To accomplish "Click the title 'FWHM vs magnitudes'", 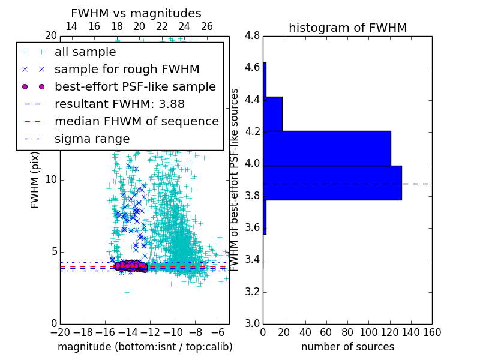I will point(136,13).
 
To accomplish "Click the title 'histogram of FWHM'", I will point(347,28).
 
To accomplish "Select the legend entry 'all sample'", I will point(85,52).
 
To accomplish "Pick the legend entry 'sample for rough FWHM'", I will point(127,70).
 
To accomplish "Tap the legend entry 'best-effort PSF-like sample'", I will point(135,86).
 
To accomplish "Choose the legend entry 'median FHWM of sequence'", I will point(136,121).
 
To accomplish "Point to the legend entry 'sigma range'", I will point(92,139).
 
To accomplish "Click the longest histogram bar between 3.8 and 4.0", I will point(332,183).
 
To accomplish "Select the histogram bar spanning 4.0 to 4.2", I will point(327,148).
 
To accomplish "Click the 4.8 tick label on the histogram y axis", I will point(252,35).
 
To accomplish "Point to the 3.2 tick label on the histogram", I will point(252,292).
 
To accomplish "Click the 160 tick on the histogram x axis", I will point(431,332).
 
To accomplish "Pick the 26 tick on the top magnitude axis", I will point(207,26).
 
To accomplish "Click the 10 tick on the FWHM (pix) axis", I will point(50,179).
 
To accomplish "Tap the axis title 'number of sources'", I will point(347,347).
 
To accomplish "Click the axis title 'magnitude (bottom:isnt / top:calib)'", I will point(145,347).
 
